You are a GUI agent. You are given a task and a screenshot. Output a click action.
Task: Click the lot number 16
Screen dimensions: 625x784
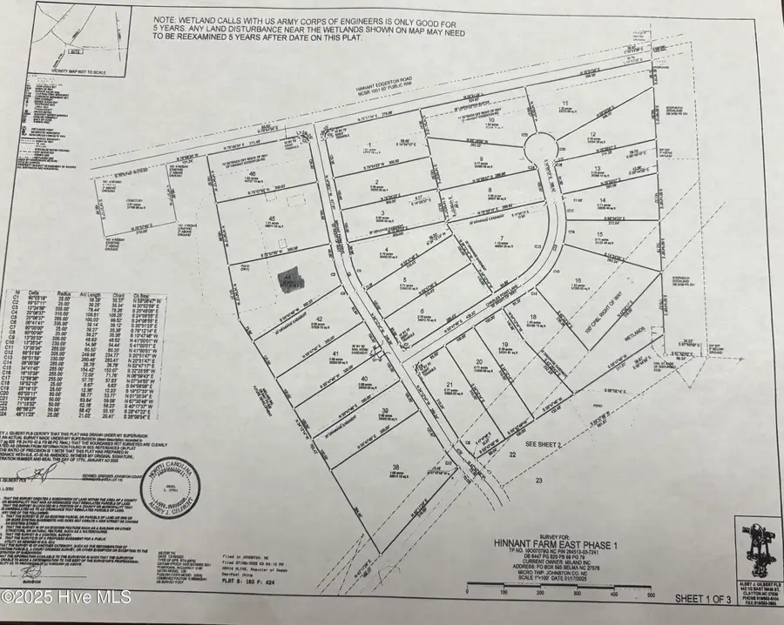tap(590, 279)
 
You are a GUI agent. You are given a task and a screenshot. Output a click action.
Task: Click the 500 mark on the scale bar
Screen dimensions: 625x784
tap(652, 595)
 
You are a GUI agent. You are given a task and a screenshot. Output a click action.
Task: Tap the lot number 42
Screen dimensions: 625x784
tap(321, 319)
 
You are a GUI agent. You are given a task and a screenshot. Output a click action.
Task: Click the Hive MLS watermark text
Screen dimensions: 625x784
tap(67, 598)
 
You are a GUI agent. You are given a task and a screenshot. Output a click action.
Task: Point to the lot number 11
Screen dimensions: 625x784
tap(565, 103)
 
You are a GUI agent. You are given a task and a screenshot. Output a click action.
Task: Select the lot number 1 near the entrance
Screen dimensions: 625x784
tap(369, 144)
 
